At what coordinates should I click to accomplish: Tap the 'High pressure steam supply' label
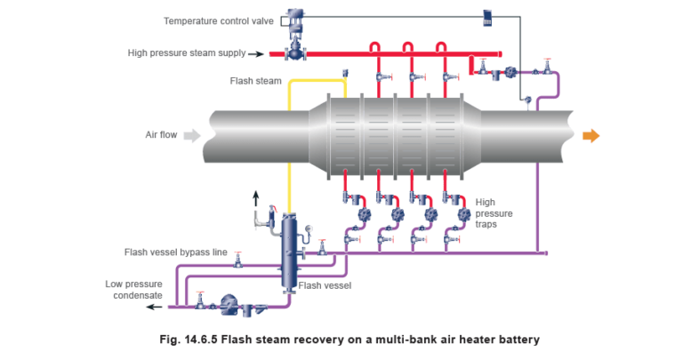click(186, 53)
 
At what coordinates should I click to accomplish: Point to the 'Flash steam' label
click(251, 80)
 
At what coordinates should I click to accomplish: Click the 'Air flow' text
click(161, 136)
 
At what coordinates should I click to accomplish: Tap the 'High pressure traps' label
click(490, 213)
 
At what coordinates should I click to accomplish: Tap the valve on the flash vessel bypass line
click(238, 260)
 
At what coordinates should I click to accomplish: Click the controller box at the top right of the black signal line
click(487, 16)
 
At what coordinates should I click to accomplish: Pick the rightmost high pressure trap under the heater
click(462, 216)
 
